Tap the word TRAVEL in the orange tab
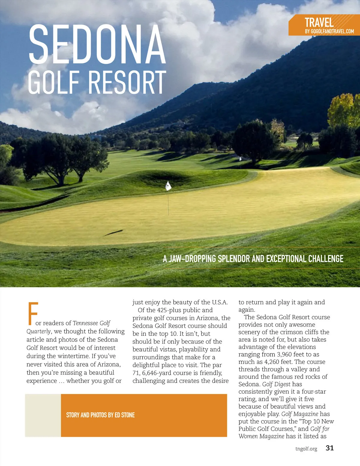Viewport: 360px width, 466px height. click(x=319, y=23)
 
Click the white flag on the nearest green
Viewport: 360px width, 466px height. click(x=168, y=186)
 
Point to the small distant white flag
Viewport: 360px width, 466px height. click(x=240, y=158)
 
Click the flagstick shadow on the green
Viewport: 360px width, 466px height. click(x=113, y=233)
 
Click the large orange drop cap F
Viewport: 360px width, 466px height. click(x=32, y=314)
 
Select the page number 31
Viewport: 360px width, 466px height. click(x=330, y=448)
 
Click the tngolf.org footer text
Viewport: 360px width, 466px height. click(x=306, y=449)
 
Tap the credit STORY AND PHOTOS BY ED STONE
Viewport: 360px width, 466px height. click(x=100, y=415)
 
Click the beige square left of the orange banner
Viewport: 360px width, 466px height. click(x=43, y=415)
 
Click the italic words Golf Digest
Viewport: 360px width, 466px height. click(x=276, y=384)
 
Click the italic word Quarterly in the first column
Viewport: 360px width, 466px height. click(x=38, y=331)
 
